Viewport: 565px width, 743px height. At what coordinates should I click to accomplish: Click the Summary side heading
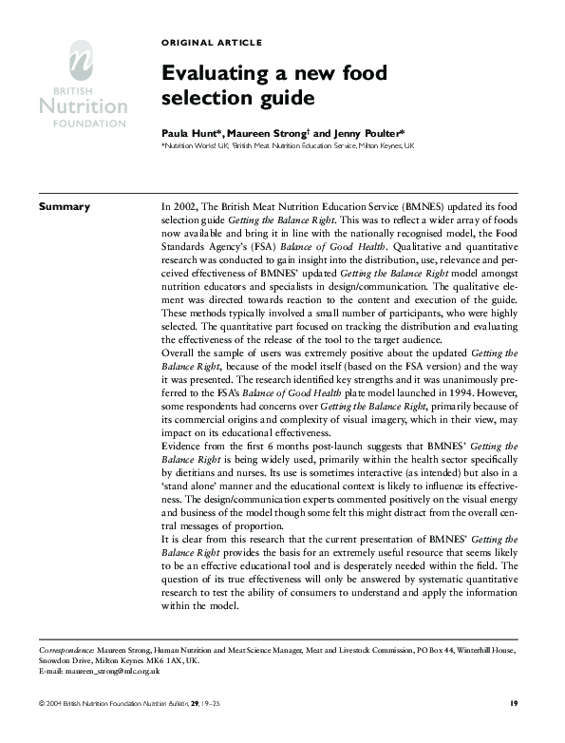pos(64,207)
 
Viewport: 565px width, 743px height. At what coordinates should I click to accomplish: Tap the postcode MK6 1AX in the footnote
pos(155,659)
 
